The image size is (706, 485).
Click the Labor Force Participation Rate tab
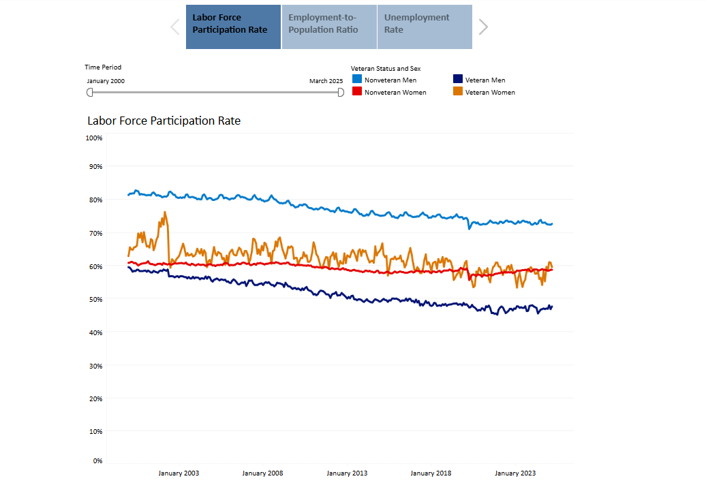pyautogui.click(x=233, y=27)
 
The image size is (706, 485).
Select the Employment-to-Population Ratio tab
pyautogui.click(x=329, y=27)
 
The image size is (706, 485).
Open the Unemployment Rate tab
pyautogui.click(x=425, y=27)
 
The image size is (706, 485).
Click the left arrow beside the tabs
pyautogui.click(x=175, y=27)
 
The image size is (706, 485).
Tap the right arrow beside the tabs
pyautogui.click(x=483, y=27)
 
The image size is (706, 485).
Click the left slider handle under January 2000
pyautogui.click(x=89, y=92)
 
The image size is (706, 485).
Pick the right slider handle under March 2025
pyautogui.click(x=341, y=92)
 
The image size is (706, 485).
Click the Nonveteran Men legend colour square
pyautogui.click(x=357, y=80)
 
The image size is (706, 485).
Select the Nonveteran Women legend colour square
pyautogui.click(x=357, y=92)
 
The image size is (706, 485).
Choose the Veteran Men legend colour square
pyautogui.click(x=458, y=80)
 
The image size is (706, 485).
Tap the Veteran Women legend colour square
pyautogui.click(x=458, y=92)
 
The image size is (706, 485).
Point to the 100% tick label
pyautogui.click(x=94, y=138)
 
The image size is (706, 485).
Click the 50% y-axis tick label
pyautogui.click(x=95, y=299)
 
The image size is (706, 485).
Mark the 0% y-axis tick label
pyautogui.click(x=97, y=461)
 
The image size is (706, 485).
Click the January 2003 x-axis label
pyautogui.click(x=179, y=473)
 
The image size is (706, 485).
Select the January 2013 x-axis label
pyautogui.click(x=348, y=473)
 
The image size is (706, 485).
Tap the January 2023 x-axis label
pyautogui.click(x=515, y=473)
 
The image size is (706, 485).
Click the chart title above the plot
pyautogui.click(x=164, y=121)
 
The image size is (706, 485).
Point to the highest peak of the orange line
pyautogui.click(x=165, y=212)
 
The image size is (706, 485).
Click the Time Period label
pyautogui.click(x=103, y=67)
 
